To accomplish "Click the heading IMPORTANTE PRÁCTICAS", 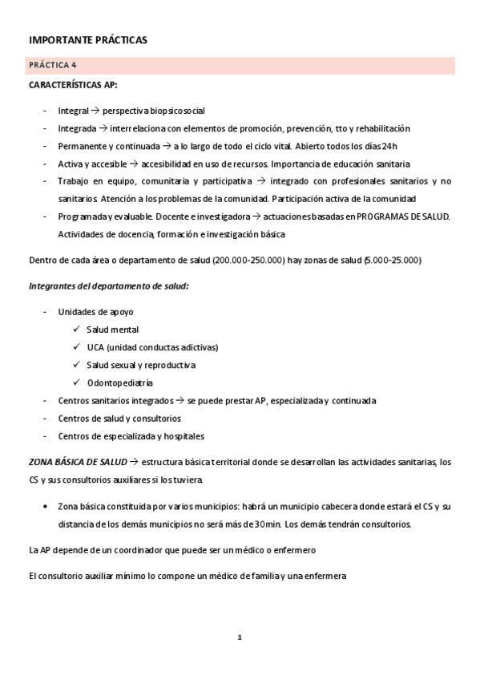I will [88, 39].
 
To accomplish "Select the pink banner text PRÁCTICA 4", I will [53, 65].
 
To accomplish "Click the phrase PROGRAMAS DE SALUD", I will [403, 217].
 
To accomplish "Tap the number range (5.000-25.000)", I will [393, 260].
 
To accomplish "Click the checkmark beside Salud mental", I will [76, 330].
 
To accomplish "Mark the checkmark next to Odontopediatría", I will [76, 382].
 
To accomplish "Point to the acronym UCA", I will [96, 347].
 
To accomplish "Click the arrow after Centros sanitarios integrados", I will [181, 400].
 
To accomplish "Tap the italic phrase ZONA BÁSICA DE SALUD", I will [76, 461].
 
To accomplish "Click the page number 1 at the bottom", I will [239, 637].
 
